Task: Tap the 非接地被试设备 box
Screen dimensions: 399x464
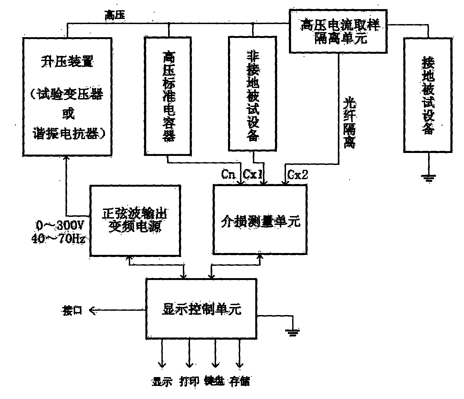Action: point(253,94)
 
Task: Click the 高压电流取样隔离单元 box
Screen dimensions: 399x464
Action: point(339,31)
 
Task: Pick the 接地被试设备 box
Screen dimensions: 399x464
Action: point(428,95)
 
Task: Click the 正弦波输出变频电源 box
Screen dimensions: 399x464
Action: point(135,220)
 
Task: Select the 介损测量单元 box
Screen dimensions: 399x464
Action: point(260,220)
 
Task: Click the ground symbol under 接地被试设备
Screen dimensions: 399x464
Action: point(428,178)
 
